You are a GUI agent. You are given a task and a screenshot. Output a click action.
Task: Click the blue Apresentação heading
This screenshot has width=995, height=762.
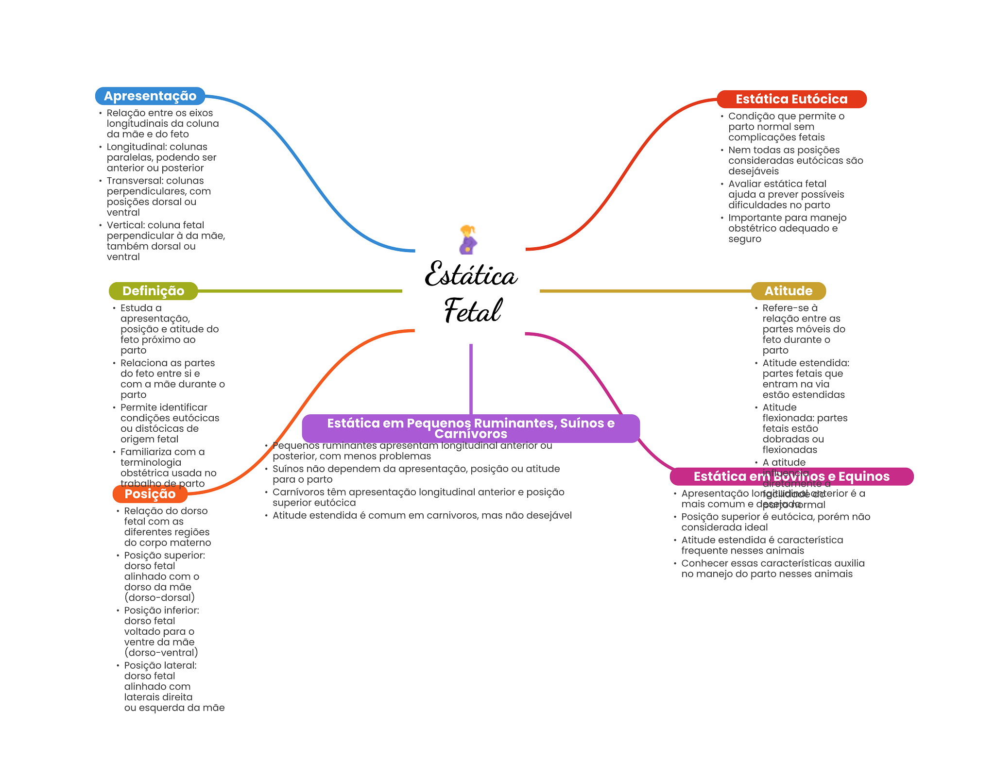click(x=150, y=96)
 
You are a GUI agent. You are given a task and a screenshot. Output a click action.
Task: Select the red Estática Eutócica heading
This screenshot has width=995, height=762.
click(x=791, y=99)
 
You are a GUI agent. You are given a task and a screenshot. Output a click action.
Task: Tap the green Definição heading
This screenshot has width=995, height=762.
click(x=153, y=291)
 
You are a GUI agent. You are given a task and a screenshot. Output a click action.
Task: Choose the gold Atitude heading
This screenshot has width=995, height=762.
click(x=788, y=291)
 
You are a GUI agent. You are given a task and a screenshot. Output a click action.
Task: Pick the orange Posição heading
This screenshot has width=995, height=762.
click(x=150, y=494)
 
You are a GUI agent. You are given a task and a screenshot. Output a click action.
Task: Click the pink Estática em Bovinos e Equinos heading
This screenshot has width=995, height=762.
click(x=791, y=476)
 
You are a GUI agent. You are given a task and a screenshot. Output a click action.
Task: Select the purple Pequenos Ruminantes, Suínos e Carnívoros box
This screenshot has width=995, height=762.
click(x=470, y=428)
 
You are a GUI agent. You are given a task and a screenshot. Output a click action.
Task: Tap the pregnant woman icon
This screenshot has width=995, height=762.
click(x=468, y=239)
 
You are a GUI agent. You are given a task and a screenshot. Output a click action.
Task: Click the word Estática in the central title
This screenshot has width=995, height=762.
click(x=470, y=275)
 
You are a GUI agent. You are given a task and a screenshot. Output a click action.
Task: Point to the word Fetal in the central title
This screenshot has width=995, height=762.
click(x=472, y=311)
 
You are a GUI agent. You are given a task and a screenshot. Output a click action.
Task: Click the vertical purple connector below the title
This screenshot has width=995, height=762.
click(x=471, y=379)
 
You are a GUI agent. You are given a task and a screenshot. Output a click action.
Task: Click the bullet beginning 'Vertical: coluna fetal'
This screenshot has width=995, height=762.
click(x=165, y=241)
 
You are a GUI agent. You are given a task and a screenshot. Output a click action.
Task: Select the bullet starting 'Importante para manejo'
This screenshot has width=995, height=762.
click(x=787, y=228)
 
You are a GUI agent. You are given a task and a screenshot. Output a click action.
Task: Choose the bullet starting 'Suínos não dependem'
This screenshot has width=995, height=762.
click(x=416, y=474)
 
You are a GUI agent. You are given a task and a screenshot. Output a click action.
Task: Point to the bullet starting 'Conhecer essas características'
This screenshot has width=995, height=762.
click(x=772, y=569)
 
